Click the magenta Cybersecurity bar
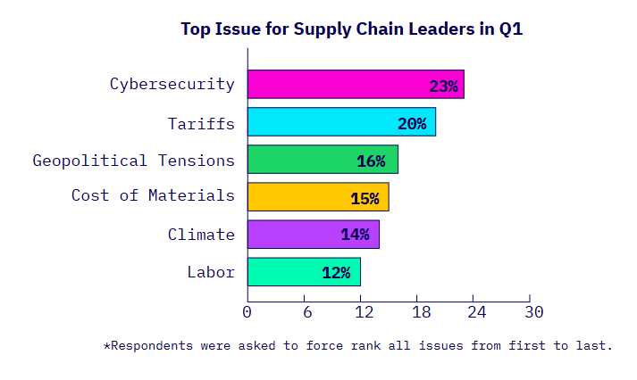tap(356, 85)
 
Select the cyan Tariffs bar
tap(341, 122)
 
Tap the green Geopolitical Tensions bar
tap(323, 160)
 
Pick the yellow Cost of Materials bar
tap(317, 197)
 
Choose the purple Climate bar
tap(313, 235)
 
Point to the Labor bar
tap(304, 272)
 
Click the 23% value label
tap(443, 87)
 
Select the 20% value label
tap(412, 124)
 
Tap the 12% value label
tap(336, 273)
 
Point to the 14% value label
tap(355, 235)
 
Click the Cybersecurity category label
tap(172, 85)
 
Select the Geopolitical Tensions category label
tap(133, 161)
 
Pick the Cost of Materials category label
tap(153, 195)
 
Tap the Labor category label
tap(210, 272)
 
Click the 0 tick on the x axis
tap(247, 311)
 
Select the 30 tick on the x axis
tap(533, 311)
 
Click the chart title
tap(351, 29)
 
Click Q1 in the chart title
tap(510, 29)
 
